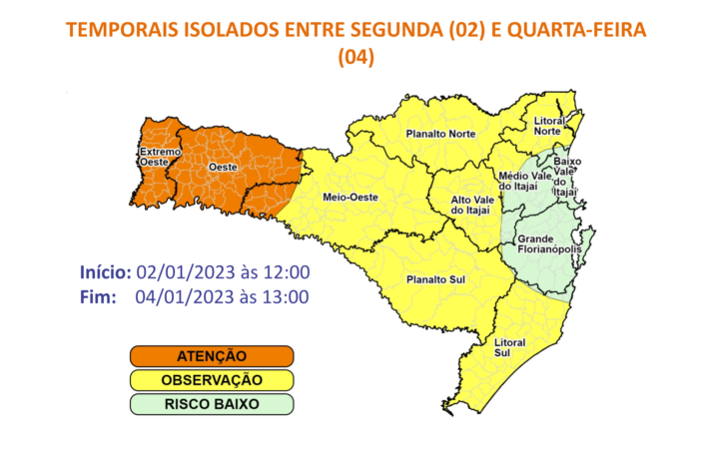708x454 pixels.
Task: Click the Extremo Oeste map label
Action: pos(160,157)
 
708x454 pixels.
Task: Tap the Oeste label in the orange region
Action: pos(222,168)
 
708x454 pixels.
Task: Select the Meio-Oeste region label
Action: pos(350,199)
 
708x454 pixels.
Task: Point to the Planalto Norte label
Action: pos(440,134)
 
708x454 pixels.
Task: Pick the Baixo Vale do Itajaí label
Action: pos(567,176)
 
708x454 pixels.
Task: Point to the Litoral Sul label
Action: pos(510,347)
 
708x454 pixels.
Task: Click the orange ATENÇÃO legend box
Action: pos(211,356)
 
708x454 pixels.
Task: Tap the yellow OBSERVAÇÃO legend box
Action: pos(211,380)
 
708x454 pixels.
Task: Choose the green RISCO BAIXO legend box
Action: pos(211,404)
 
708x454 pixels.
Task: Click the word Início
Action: pos(105,272)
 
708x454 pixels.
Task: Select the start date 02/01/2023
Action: pos(182,272)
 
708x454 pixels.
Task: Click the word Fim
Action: pos(97,296)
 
